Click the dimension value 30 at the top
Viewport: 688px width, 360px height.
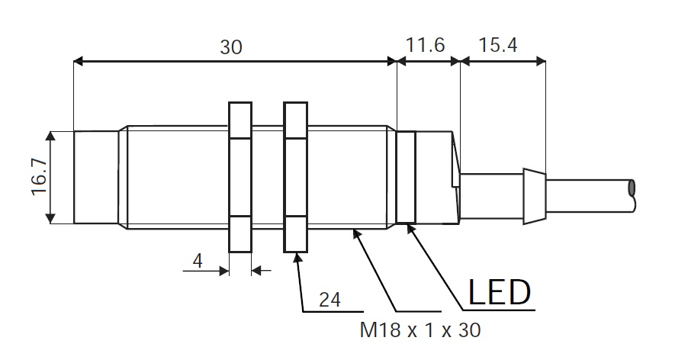click(x=231, y=47)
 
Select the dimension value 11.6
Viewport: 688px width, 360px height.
click(x=425, y=46)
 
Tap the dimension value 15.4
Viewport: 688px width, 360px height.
click(x=498, y=46)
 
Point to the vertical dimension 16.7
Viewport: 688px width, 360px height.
click(x=38, y=178)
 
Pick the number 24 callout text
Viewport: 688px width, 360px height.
click(x=330, y=300)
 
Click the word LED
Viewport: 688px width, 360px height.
click(x=499, y=292)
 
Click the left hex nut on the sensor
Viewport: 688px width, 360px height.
click(x=240, y=177)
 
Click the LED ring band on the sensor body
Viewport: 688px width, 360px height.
click(x=407, y=178)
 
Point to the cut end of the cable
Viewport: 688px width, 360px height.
click(x=632, y=188)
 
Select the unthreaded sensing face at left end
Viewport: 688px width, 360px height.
click(x=95, y=177)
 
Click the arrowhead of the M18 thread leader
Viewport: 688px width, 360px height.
click(x=356, y=233)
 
